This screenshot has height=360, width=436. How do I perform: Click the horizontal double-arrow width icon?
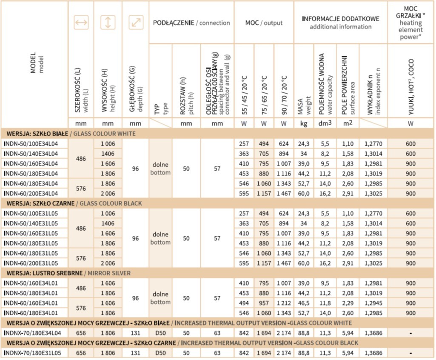point(81,23)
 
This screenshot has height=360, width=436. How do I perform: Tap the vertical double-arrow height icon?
point(108,23)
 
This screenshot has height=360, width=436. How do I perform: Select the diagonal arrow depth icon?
point(135,23)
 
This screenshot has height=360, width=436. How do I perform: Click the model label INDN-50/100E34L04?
point(31,144)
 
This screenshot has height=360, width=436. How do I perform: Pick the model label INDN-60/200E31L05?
point(31,263)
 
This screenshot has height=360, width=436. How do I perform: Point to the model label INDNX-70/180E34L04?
point(32,333)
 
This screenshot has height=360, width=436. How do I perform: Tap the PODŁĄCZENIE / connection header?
point(191,23)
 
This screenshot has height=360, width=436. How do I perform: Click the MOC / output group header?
point(264,23)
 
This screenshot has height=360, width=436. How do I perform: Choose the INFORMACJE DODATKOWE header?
point(340,23)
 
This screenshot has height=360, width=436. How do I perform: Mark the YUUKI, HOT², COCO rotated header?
point(410,81)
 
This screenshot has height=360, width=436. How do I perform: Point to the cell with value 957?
point(264,303)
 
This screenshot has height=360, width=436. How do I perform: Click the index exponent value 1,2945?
point(373,303)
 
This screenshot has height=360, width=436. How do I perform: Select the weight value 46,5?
point(303,303)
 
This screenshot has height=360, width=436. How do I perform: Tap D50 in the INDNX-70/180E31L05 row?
point(160,353)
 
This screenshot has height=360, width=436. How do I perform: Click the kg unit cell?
point(303,124)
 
